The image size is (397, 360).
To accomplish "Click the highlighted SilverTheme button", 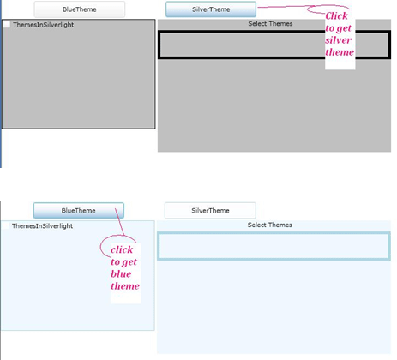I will (x=210, y=9).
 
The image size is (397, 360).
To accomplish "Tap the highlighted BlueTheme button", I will (x=79, y=210).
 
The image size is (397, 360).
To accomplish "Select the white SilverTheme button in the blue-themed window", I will (x=210, y=210).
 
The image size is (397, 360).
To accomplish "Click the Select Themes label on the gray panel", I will (x=270, y=23).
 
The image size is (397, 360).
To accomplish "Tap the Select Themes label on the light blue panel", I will (x=270, y=225).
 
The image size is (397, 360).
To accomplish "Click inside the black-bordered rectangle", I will (x=240, y=45).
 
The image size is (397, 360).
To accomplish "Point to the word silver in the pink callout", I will (x=340, y=39).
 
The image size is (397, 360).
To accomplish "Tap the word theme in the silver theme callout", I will (x=340, y=52).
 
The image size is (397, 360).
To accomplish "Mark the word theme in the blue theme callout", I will (x=125, y=285).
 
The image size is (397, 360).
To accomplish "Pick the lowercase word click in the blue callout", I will (x=122, y=249).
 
